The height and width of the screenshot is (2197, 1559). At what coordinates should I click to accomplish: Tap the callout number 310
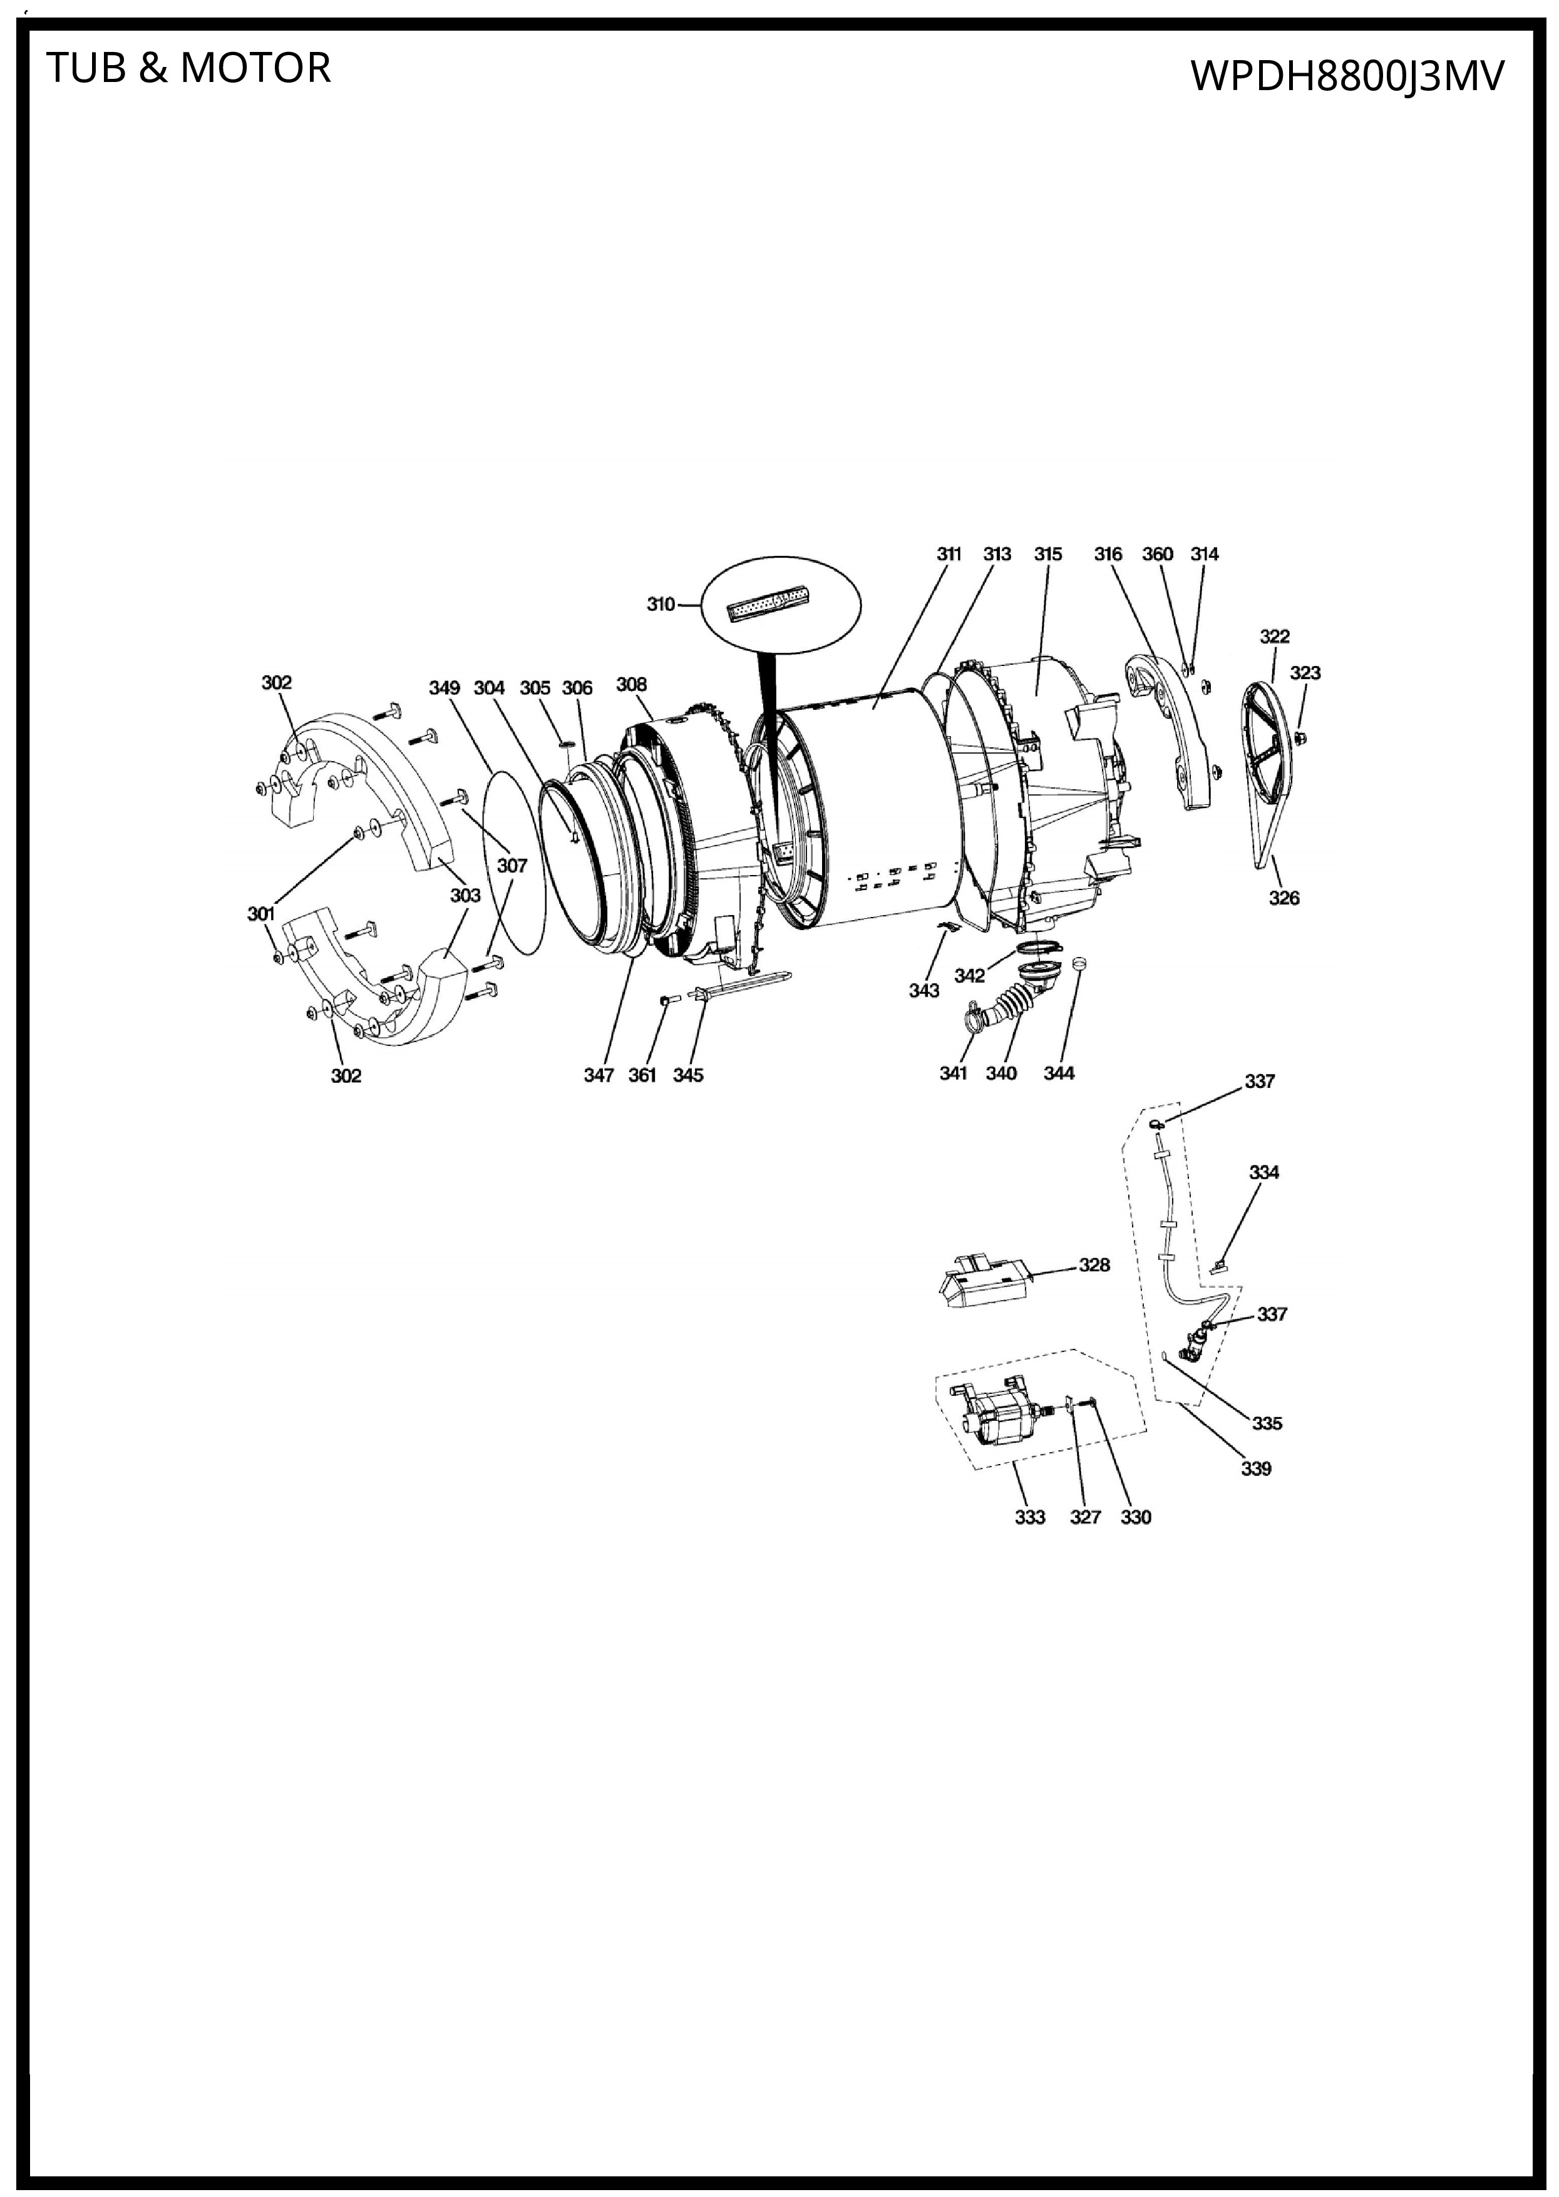(x=661, y=605)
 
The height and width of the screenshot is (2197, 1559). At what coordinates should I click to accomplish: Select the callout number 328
(x=1094, y=1265)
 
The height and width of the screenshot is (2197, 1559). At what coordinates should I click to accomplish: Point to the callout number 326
(x=1284, y=898)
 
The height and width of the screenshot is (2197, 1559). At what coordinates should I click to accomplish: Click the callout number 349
(x=445, y=688)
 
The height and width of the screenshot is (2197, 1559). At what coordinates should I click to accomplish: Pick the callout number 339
(x=1255, y=1468)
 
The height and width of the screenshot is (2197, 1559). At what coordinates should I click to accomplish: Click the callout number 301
(x=261, y=914)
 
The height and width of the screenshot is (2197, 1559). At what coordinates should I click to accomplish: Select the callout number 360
(x=1158, y=554)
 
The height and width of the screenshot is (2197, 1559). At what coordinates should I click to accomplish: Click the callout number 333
(x=1029, y=1517)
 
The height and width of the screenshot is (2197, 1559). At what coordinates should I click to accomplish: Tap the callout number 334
(x=1263, y=1172)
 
